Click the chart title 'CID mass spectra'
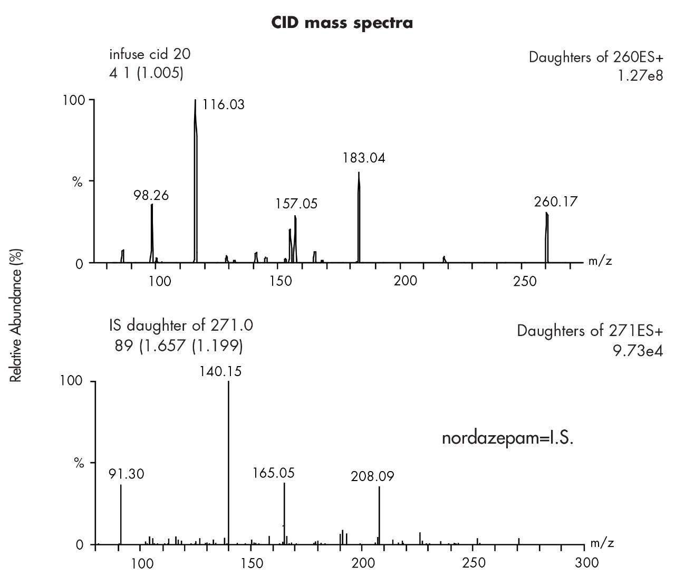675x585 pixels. tap(342, 23)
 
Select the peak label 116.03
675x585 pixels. tap(224, 105)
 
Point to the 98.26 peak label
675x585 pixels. tap(151, 196)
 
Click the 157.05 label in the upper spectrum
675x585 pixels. tap(296, 204)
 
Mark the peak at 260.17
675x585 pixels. tap(547, 237)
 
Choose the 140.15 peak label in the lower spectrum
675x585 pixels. tap(220, 371)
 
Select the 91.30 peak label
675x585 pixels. tap(126, 474)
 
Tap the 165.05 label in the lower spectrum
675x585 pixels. tap(273, 473)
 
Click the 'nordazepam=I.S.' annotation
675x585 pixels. tap(507, 438)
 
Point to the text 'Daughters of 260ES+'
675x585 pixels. tap(596, 57)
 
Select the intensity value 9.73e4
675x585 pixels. tap(638, 351)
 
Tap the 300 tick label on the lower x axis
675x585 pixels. tap(584, 562)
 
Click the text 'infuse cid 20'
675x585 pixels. tap(150, 54)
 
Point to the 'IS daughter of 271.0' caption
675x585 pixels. tap(181, 325)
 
